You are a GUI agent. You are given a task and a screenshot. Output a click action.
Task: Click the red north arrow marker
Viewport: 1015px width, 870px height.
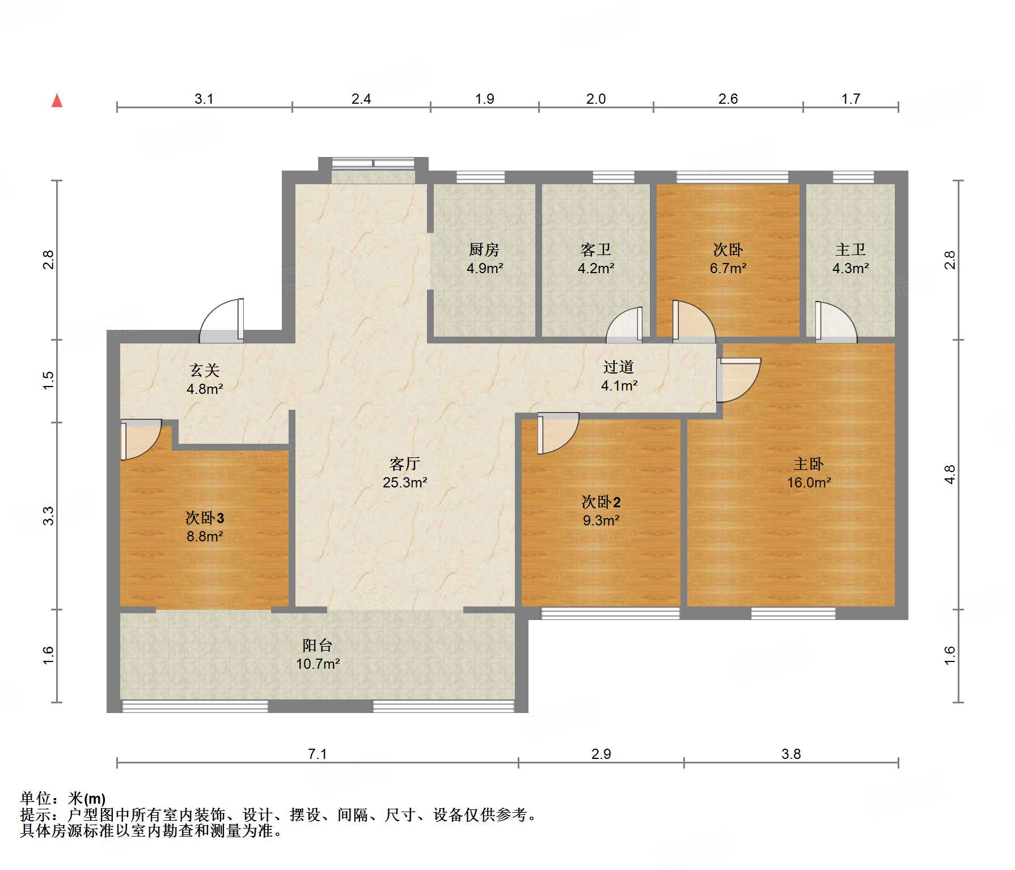pos(57,100)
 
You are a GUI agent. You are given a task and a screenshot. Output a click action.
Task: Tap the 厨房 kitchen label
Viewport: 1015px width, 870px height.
pos(484,249)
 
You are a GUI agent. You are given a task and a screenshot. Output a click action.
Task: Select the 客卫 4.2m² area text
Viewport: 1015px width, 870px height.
pos(595,268)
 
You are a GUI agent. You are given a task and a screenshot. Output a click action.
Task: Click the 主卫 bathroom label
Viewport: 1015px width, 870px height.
pos(850,249)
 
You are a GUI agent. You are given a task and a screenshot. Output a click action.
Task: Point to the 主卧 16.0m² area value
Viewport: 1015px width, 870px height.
pos(809,482)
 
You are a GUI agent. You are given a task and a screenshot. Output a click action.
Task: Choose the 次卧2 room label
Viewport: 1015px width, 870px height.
pos(601,502)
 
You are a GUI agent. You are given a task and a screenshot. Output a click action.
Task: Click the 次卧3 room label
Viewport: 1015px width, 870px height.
pos(205,517)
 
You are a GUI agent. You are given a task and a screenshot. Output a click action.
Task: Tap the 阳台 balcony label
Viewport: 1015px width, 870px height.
pos(317,645)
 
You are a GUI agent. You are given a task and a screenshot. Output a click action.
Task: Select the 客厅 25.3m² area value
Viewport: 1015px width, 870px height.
pos(404,482)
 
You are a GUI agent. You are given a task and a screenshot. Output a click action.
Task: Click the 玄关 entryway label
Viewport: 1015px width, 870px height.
pos(204,370)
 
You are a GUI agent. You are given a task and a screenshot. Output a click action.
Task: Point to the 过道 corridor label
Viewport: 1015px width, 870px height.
pos(618,367)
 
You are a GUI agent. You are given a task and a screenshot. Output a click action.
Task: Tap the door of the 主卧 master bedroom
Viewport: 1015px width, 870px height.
pos(738,380)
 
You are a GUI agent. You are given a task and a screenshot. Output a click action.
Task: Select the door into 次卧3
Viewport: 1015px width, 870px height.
pos(141,439)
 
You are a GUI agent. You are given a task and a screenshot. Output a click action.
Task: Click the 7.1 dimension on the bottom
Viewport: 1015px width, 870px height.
pos(317,754)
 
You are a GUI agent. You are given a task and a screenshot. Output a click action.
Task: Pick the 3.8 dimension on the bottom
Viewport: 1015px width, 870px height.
pos(791,754)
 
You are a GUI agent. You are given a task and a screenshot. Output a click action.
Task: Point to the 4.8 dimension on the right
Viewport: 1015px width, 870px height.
pos(950,474)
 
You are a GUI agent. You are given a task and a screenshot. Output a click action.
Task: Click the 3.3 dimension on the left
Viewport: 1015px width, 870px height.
pos(48,516)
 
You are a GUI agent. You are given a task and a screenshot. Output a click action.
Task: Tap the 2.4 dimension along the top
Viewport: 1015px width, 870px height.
pos(361,99)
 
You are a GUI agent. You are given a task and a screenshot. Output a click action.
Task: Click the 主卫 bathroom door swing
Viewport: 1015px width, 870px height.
pos(836,322)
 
